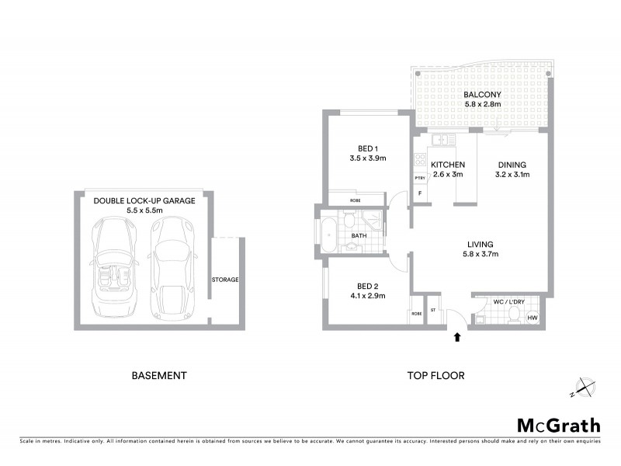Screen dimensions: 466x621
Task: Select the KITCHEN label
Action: coord(448,165)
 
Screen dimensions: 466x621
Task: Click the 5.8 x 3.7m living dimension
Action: coord(481,253)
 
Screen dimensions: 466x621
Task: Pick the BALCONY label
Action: coord(482,93)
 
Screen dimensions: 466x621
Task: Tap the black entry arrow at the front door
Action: coord(457,337)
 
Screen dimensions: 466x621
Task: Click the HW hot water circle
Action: coord(533,317)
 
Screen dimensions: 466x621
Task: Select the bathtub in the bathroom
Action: coord(328,235)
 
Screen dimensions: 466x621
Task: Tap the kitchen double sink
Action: coord(441,140)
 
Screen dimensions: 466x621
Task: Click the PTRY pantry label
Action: coord(419,178)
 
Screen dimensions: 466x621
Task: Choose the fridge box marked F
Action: coord(420,193)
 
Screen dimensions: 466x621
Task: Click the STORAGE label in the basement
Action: coord(225,280)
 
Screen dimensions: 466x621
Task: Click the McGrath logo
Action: coord(558,425)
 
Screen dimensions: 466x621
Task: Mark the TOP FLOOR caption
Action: coord(436,376)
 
